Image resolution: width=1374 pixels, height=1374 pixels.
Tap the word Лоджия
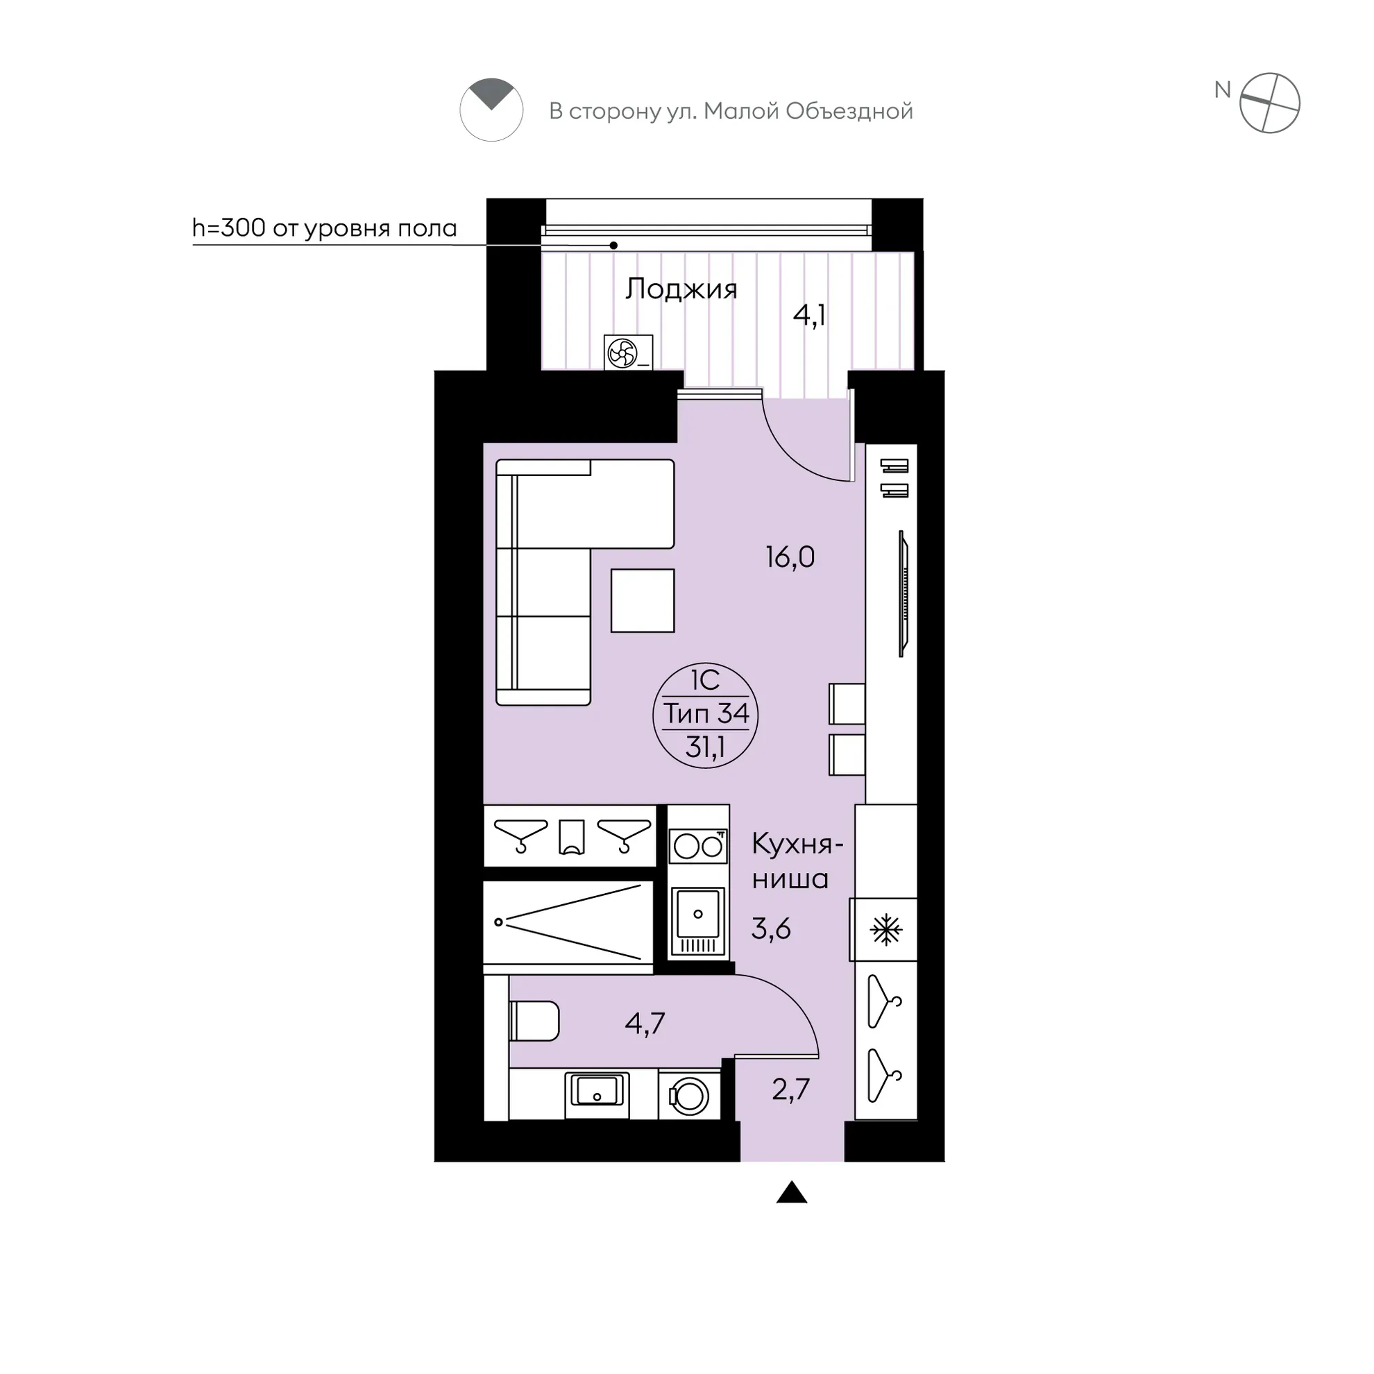(681, 289)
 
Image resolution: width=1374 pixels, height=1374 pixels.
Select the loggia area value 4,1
(809, 314)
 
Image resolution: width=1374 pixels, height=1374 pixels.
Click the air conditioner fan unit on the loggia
(628, 352)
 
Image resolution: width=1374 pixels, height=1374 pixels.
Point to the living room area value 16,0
(790, 557)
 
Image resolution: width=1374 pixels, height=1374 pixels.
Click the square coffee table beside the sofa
(642, 600)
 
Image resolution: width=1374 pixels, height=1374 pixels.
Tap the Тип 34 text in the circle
(706, 713)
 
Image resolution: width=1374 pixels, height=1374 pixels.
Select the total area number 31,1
(705, 747)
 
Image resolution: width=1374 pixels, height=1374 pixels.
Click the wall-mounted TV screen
(904, 594)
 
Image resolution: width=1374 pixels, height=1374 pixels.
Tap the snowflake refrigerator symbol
(885, 929)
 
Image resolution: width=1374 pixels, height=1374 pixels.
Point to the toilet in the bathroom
(534, 1021)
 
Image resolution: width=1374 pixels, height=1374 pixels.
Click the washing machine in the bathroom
(688, 1096)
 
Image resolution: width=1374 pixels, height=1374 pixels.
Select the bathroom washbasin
(597, 1096)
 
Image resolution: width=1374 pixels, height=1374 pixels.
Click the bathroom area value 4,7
(645, 1024)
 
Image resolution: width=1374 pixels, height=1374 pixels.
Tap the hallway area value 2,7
(791, 1089)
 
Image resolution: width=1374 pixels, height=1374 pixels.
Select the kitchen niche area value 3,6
(771, 928)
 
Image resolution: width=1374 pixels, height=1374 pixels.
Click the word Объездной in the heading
(849, 112)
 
